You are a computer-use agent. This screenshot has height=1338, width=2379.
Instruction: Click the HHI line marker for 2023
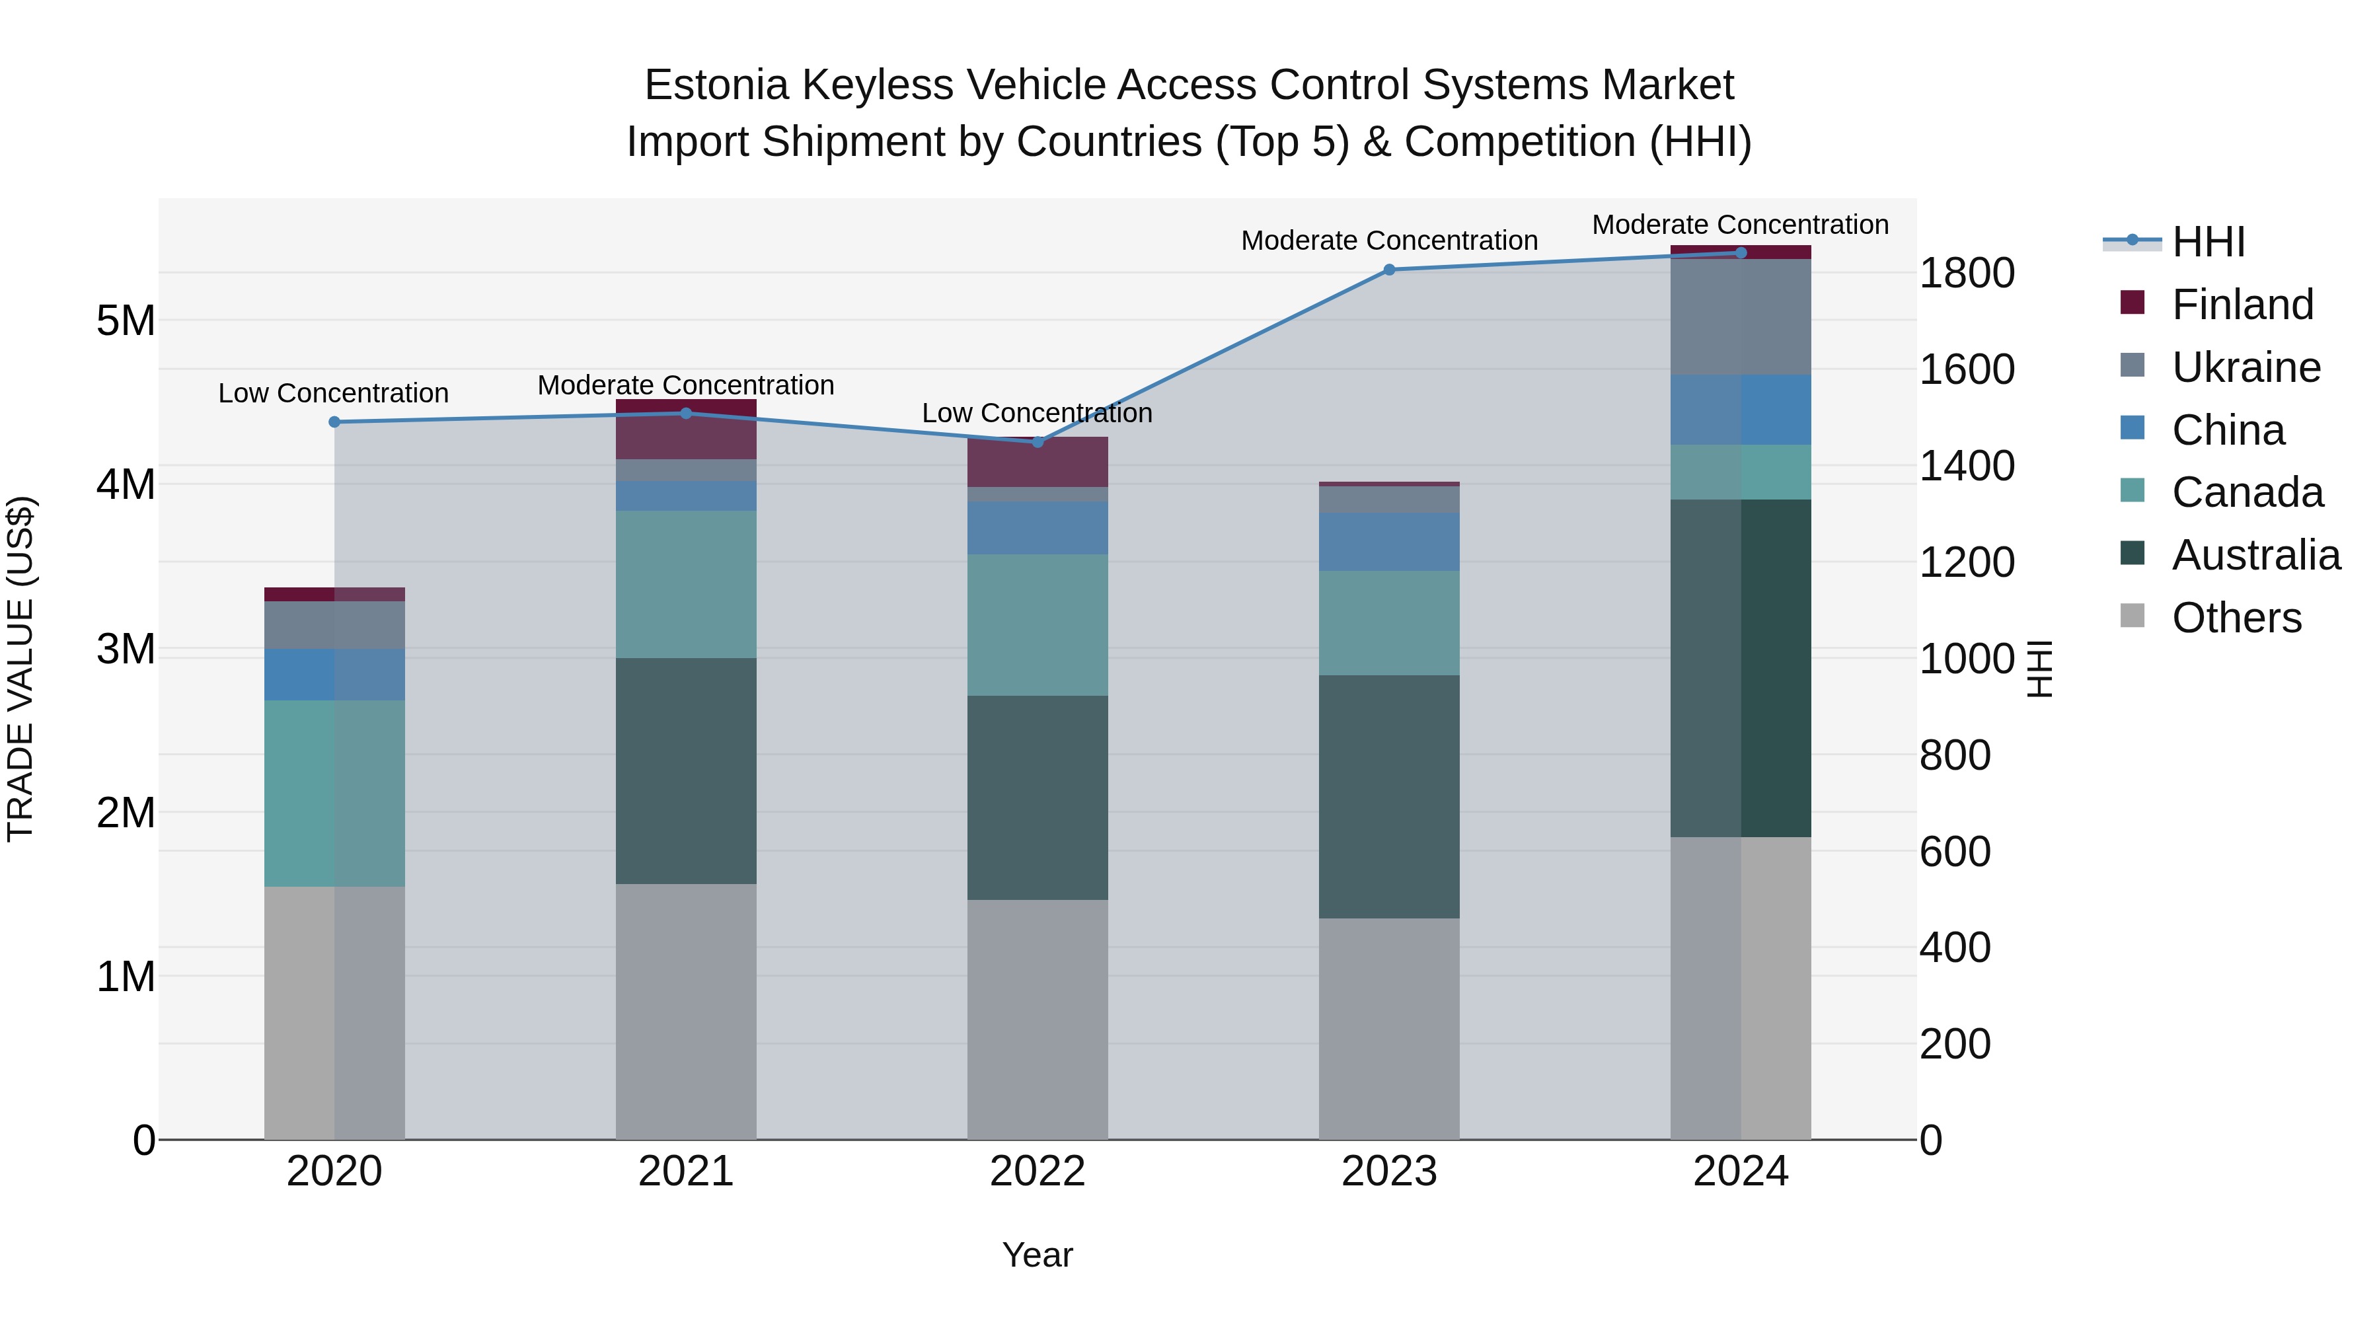pos(1389,270)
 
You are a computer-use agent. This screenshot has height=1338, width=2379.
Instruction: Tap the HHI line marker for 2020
pos(334,422)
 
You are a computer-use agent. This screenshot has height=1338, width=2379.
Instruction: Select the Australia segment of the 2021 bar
pos(686,771)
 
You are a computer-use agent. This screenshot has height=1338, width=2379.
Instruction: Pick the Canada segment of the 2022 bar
pos(1037,625)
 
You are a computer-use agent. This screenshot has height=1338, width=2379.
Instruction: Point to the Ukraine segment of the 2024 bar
pos(1741,316)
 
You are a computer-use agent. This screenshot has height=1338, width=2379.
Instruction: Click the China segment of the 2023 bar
pos(1389,542)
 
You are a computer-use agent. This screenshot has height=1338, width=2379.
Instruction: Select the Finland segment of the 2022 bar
pos(1037,463)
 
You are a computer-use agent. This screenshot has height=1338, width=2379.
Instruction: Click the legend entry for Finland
pos(2242,305)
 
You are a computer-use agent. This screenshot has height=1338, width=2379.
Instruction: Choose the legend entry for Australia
pos(2255,555)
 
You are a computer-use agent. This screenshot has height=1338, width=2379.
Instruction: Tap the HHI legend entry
pos(2207,242)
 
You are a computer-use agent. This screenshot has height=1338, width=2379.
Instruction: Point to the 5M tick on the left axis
pos(126,320)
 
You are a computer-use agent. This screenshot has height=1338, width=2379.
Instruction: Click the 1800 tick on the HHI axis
pos(1966,274)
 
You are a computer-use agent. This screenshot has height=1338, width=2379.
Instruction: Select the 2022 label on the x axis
pos(1037,1171)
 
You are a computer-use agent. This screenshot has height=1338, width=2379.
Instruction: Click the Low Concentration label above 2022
pos(1037,413)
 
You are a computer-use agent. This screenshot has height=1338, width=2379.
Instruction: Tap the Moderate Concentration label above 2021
pos(686,385)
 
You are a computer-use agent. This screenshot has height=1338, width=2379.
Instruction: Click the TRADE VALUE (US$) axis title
pos(20,669)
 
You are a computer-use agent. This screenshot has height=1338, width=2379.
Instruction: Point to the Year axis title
pos(1037,1255)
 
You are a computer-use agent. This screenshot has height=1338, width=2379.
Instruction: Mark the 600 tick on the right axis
pos(1954,852)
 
